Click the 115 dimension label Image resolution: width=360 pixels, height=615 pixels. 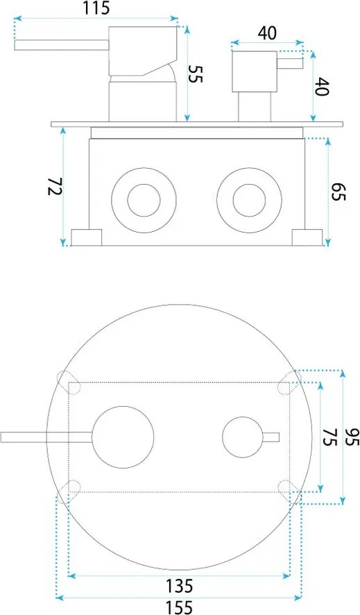point(96,10)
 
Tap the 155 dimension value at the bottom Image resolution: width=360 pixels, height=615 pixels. point(179,607)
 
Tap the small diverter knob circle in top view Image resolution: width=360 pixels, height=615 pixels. point(243,437)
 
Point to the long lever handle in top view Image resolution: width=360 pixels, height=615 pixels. point(42,437)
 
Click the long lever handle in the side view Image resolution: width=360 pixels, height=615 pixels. point(59,46)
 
